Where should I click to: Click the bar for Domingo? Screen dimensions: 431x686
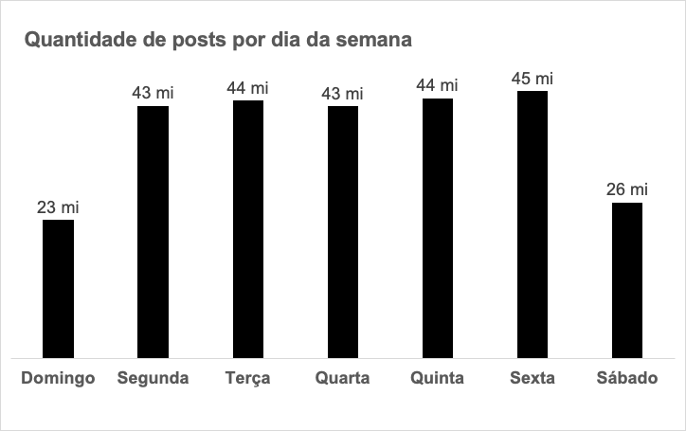point(58,289)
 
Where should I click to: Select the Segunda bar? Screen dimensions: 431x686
point(153,232)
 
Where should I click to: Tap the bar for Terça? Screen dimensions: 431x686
point(247,229)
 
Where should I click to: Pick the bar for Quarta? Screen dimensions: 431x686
point(342,232)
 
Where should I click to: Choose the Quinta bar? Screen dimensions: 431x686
point(437,229)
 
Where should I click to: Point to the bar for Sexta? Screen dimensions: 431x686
point(532,224)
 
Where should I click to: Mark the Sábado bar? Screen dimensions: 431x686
point(626,280)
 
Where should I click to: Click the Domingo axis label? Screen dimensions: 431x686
point(58,379)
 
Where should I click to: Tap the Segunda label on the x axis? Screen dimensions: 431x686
point(153,379)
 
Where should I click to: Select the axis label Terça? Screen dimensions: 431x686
point(247,379)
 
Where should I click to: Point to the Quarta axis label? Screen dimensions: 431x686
point(342,379)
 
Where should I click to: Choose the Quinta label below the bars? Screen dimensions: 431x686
point(437,379)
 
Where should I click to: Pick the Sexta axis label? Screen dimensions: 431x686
point(532,379)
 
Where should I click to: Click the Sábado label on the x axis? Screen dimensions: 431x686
point(626,379)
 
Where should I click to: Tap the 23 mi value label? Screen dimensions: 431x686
point(58,207)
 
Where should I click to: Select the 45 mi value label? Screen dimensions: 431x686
point(532,78)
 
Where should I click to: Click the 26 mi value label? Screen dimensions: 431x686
point(626,189)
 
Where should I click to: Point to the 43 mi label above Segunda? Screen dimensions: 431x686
point(153,93)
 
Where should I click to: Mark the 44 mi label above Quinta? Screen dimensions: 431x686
point(437,85)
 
